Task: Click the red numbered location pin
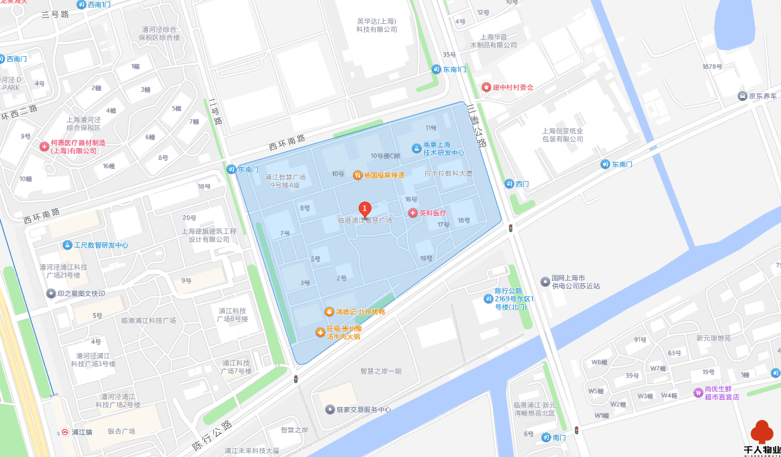click(x=365, y=208)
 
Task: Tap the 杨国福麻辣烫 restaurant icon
click(x=358, y=175)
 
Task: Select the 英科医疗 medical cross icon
click(x=413, y=213)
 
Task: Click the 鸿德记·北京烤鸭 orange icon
click(x=329, y=312)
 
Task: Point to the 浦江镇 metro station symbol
click(x=65, y=432)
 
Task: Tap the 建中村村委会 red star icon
click(x=486, y=87)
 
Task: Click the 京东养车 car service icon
click(x=743, y=96)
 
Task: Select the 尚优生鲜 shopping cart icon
click(x=698, y=393)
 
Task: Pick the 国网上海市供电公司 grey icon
click(x=545, y=282)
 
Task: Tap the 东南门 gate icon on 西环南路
click(x=231, y=169)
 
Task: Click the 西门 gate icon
click(x=509, y=183)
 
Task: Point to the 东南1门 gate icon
click(x=436, y=69)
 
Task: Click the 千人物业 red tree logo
click(x=762, y=433)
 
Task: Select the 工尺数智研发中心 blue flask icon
click(x=68, y=245)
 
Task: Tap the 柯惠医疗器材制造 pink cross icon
click(x=44, y=146)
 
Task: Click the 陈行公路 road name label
click(x=212, y=436)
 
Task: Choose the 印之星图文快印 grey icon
click(x=51, y=293)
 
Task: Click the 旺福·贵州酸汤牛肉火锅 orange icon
click(x=319, y=332)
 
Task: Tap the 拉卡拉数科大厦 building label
click(x=448, y=174)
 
